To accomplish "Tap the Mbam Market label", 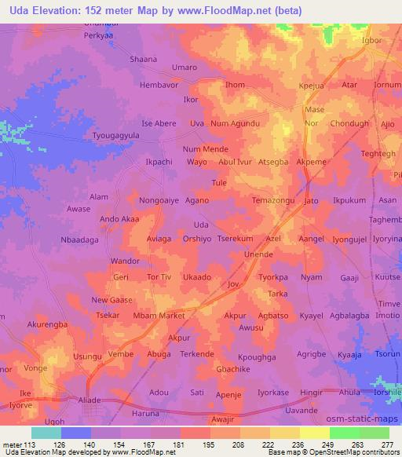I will [159, 315].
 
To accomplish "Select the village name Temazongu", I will [273, 201].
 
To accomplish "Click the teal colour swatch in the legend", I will [46, 433].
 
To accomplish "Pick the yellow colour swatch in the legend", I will [285, 433].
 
